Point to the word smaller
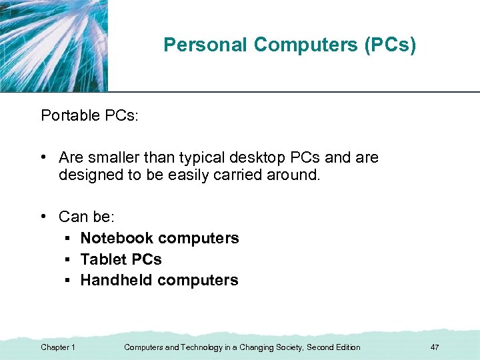[116, 158]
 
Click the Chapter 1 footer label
[58, 347]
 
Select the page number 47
[435, 347]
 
